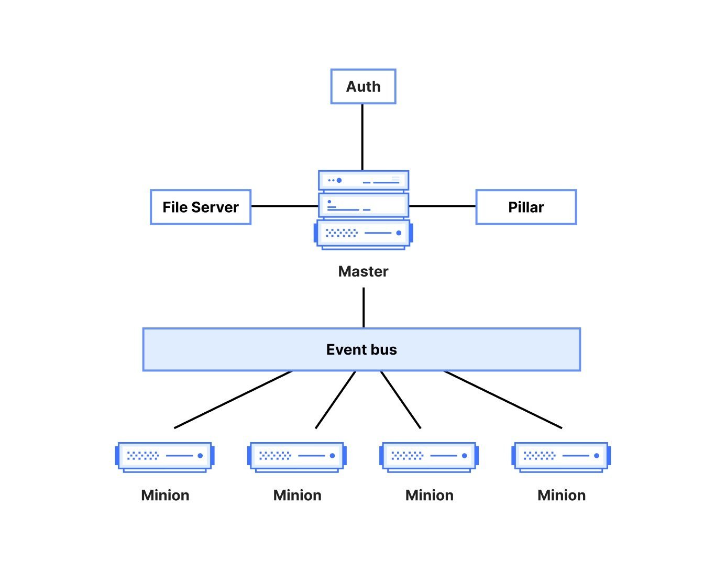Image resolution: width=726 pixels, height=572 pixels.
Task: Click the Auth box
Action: coord(363,86)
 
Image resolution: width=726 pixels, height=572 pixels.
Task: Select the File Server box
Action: coord(201,207)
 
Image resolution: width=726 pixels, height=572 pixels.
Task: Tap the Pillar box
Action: coord(526,207)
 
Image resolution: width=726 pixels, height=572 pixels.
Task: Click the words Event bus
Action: coord(361,349)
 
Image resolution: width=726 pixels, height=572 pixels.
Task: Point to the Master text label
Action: coord(363,271)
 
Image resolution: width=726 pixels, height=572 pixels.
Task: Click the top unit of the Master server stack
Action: coord(363,180)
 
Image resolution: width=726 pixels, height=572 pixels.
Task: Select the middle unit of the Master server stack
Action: coord(363,205)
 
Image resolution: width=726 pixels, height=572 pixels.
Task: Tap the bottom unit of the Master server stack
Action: coord(363,234)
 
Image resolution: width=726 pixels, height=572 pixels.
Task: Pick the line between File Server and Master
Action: coord(284,206)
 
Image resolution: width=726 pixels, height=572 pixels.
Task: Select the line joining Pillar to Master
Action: coord(442,206)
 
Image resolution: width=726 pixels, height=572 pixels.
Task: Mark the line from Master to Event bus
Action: coord(364,307)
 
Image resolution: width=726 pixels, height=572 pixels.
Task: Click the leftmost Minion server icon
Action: coord(165,456)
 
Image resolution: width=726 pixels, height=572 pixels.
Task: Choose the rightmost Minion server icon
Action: coord(561,456)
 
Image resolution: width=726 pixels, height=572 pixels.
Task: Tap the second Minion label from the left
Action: coord(297,495)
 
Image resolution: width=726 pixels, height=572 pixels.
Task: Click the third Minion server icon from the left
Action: coord(429,456)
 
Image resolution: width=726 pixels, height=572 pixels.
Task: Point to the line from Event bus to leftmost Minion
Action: coord(233,400)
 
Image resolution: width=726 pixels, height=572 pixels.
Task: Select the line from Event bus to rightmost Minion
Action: coord(503,400)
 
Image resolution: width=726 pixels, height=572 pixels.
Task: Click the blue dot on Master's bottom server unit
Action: coord(399,233)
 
